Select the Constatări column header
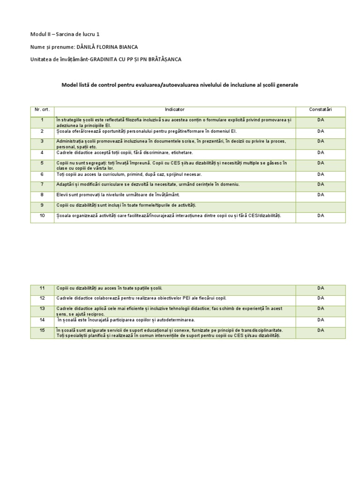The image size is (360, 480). [x=320, y=109]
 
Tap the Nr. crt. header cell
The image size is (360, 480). [x=42, y=109]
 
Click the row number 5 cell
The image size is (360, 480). [x=42, y=163]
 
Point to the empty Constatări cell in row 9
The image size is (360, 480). [x=320, y=205]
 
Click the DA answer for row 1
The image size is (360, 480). [x=320, y=120]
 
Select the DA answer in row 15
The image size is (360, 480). [x=320, y=330]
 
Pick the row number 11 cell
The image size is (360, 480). [x=42, y=288]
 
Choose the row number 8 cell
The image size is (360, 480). [x=42, y=195]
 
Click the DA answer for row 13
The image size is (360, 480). [x=320, y=308]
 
